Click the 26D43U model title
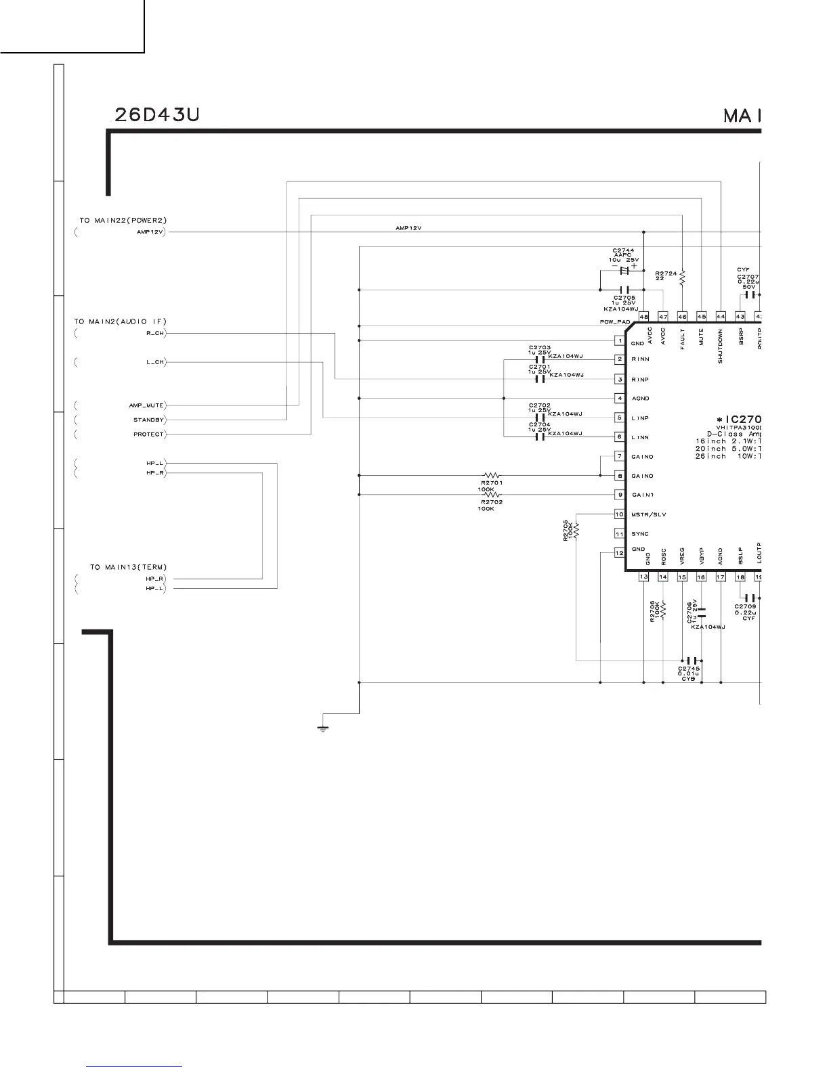(155, 116)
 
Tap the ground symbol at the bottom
(323, 729)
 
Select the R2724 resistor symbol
(683, 277)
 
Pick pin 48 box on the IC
(643, 317)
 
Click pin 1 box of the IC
(619, 340)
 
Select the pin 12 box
(619, 553)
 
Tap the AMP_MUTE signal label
(146, 405)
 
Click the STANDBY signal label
(149, 420)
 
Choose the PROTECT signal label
(148, 434)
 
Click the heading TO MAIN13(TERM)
(128, 567)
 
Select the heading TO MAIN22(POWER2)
(123, 221)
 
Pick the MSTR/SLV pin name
(649, 514)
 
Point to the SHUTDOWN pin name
(721, 347)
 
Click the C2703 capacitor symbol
(540, 359)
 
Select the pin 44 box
(721, 317)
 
